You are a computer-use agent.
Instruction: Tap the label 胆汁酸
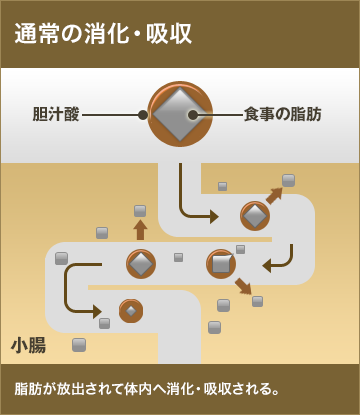pyautogui.click(x=55, y=114)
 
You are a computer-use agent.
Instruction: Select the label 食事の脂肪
pyautogui.click(x=284, y=114)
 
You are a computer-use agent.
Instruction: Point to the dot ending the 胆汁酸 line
pyautogui.click(x=143, y=115)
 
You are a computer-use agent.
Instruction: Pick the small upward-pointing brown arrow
pyautogui.click(x=140, y=229)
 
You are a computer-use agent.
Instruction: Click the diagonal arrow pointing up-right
pyautogui.click(x=273, y=194)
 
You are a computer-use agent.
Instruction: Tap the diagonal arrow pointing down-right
pyautogui.click(x=242, y=287)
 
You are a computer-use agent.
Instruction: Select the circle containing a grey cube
pyautogui.click(x=221, y=264)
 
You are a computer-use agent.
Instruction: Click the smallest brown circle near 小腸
pyautogui.click(x=131, y=310)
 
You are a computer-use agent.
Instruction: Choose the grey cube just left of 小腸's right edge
pyautogui.click(x=79, y=344)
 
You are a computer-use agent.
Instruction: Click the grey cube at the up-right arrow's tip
pyautogui.click(x=288, y=180)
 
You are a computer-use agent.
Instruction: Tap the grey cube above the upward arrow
pyautogui.click(x=140, y=211)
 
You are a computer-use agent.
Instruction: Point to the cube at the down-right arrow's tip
pyautogui.click(x=257, y=301)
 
